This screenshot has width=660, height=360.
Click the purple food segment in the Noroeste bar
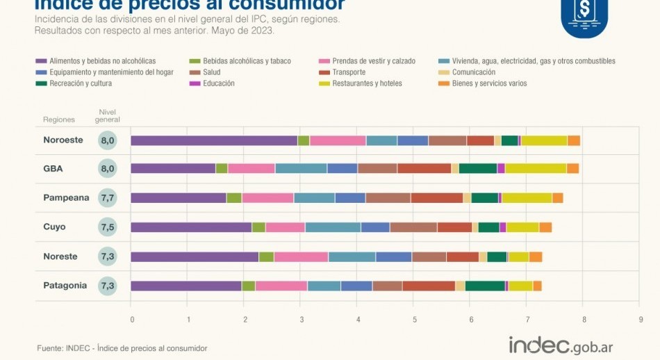pos(214,140)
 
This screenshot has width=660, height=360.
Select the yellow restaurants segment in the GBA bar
pos(536,168)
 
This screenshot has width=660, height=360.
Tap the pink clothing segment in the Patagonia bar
pos(281,286)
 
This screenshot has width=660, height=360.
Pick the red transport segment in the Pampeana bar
pos(437,197)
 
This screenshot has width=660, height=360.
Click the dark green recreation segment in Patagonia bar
pos(485,286)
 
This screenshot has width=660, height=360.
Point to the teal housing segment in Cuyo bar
pos(333,227)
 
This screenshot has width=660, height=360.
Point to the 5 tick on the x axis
pos(415,320)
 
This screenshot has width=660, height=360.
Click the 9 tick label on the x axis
pos(641,320)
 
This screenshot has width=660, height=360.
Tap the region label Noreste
pos(60,256)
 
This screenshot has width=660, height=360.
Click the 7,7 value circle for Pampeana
pos(107,198)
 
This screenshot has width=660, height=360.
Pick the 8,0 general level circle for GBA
pos(107,168)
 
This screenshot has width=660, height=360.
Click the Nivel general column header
pos(107,115)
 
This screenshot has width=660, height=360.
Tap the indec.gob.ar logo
pos(561,345)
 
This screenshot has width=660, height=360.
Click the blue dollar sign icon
pos(584,14)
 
